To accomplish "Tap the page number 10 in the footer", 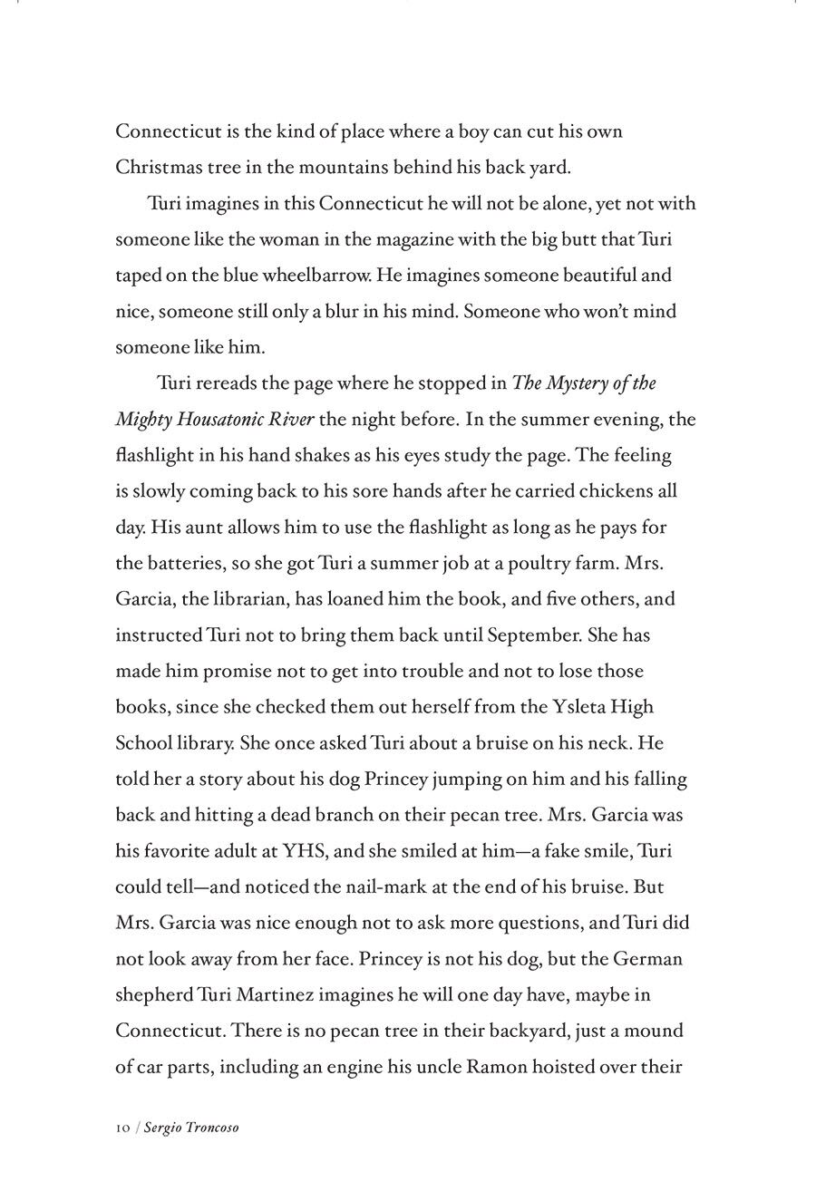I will (x=122, y=1128).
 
